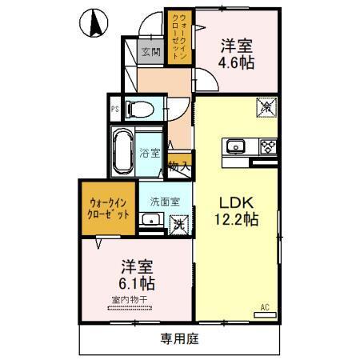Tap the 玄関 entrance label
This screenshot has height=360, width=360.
point(150,53)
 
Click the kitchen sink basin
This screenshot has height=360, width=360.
point(237,146)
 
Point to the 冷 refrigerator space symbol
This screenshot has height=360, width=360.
point(265,106)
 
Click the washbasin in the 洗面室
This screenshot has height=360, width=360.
point(149,220)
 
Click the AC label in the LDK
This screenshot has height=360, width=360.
point(265,306)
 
